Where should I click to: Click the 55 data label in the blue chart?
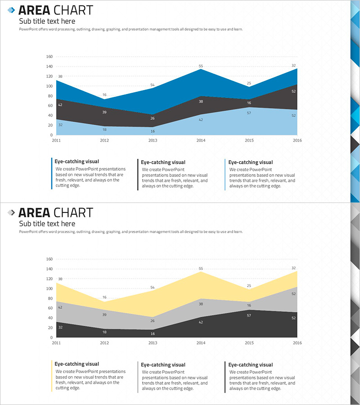click(x=201, y=66)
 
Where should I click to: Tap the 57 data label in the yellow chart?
click(x=249, y=315)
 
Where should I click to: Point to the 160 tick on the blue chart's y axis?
click(x=49, y=57)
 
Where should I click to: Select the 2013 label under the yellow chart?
click(x=153, y=343)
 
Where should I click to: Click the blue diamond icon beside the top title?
click(x=11, y=10)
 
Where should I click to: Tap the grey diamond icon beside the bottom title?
click(x=11, y=212)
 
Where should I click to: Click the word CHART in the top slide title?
click(x=73, y=10)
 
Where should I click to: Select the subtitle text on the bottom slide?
click(x=47, y=224)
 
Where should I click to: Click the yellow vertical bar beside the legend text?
click(x=52, y=376)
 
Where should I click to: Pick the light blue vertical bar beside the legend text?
click(x=225, y=175)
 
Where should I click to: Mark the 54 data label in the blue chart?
click(x=153, y=85)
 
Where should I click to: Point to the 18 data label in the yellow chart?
click(x=104, y=332)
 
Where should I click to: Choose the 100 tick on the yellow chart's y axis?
click(x=49, y=288)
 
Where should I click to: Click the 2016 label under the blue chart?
click(x=297, y=140)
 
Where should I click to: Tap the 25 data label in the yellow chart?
click(x=249, y=286)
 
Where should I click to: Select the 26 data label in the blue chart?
click(x=153, y=118)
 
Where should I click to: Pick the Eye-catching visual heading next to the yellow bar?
click(x=76, y=364)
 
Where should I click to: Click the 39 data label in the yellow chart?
click(x=104, y=315)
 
